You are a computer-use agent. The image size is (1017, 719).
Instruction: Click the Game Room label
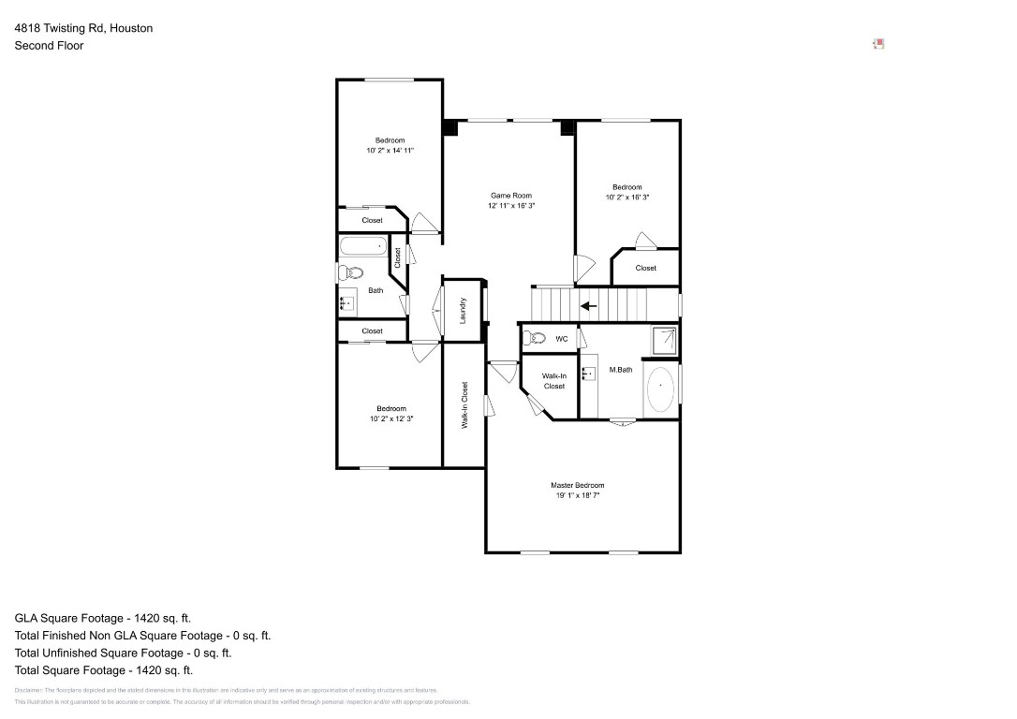pos(510,196)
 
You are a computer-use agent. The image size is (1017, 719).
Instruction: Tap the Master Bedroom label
pos(577,485)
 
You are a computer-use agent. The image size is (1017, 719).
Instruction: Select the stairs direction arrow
pos(589,305)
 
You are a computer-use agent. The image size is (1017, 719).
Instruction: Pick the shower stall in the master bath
pos(664,341)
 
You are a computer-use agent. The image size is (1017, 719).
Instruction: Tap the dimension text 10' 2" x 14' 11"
pos(390,150)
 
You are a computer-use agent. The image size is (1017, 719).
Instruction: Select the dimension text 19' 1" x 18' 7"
pos(577,495)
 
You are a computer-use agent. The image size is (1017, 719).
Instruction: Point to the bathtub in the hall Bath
pos(362,247)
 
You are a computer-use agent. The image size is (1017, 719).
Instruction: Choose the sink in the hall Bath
pos(346,302)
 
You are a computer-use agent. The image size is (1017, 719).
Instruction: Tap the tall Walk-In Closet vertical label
pos(464,405)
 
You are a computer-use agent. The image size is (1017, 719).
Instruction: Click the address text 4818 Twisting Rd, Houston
pos(83,28)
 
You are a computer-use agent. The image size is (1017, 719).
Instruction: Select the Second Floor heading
pos(49,45)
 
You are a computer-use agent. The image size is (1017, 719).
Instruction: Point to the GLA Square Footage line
pos(103,618)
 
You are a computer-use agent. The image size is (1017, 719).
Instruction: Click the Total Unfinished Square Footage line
pos(123,653)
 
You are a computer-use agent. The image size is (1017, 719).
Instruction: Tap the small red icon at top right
pos(878,43)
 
